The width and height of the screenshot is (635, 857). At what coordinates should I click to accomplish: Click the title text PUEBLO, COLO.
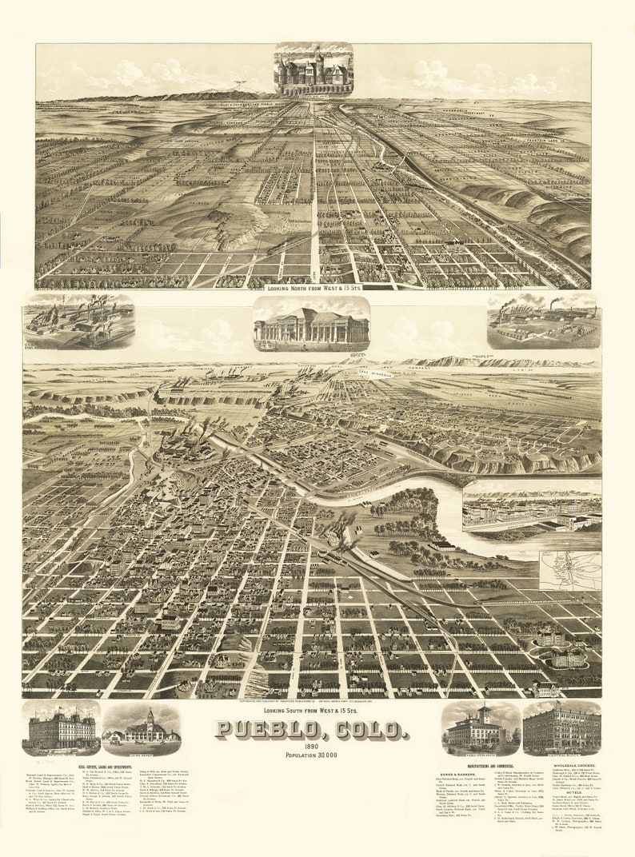pyautogui.click(x=311, y=730)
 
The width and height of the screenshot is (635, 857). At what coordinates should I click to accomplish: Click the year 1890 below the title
pyautogui.click(x=311, y=747)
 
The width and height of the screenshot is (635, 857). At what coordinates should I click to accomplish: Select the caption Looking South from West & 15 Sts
pyautogui.click(x=311, y=710)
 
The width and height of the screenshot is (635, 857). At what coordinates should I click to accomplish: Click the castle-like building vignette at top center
pyautogui.click(x=313, y=70)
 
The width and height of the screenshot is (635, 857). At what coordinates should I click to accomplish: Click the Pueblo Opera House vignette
pyautogui.click(x=480, y=727)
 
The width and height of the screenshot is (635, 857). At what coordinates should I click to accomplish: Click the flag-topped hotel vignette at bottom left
pyautogui.click(x=61, y=729)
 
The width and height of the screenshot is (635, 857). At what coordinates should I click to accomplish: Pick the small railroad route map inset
pyautogui.click(x=569, y=570)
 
